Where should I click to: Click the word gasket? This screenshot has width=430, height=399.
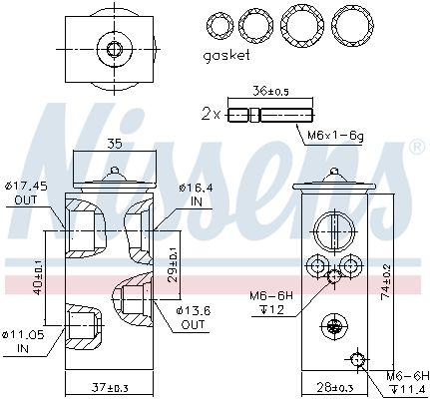click(x=226, y=56)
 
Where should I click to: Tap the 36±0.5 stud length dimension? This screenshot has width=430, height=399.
click(x=270, y=91)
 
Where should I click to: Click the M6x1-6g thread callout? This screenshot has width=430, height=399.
click(x=335, y=136)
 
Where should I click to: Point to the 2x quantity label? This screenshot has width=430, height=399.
click(x=211, y=115)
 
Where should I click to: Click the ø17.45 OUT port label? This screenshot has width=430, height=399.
click(x=26, y=194)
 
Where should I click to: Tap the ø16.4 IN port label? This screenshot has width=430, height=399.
click(x=196, y=196)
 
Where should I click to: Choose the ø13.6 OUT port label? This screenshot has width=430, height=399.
click(x=194, y=318)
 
